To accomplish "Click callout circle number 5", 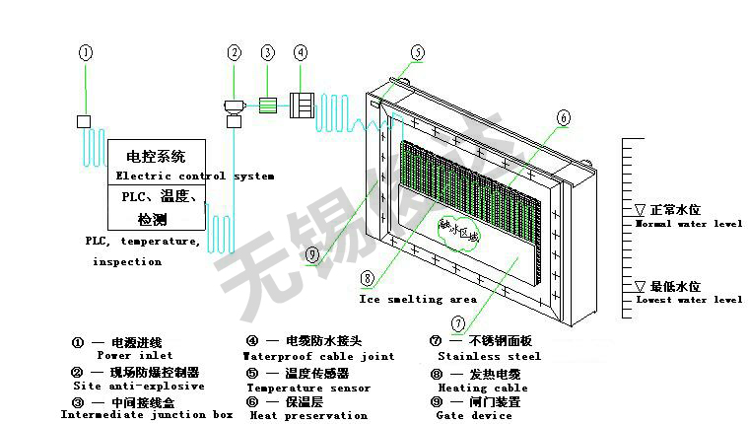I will click(x=418, y=52).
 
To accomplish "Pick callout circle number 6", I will click(x=563, y=117).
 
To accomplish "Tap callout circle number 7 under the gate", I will click(x=457, y=322).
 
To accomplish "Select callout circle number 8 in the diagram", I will click(x=367, y=278).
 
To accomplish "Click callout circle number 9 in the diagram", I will click(x=311, y=254).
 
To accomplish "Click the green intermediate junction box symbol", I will click(x=267, y=104).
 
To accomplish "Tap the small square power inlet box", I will click(x=84, y=121).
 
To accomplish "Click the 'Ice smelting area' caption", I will click(x=418, y=298).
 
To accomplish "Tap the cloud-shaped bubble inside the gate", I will click(x=460, y=233).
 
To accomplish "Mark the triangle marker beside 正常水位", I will click(x=640, y=210).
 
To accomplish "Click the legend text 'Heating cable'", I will click(x=483, y=388).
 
